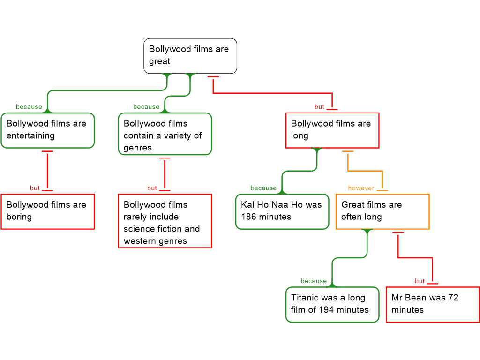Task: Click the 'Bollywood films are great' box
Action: coord(190,56)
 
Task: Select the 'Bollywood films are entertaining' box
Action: coord(47,130)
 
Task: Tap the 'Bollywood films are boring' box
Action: coord(47,211)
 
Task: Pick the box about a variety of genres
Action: coord(165,134)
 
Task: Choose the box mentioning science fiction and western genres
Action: coord(165,221)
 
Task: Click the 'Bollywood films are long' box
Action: coord(332,130)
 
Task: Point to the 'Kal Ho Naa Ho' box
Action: coord(282,211)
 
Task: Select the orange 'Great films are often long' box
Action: coord(382,211)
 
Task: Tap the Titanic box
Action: coord(332,304)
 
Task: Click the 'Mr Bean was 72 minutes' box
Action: coord(432,304)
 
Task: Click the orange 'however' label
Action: coord(361,188)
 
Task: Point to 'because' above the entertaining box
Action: coord(29,107)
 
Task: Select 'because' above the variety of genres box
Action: coord(146,107)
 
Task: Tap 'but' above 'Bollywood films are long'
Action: coord(320,107)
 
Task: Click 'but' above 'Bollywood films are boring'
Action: coord(35,188)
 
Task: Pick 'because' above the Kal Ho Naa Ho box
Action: coord(263,188)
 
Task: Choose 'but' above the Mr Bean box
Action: coord(420,281)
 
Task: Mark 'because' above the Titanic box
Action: coord(314,281)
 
